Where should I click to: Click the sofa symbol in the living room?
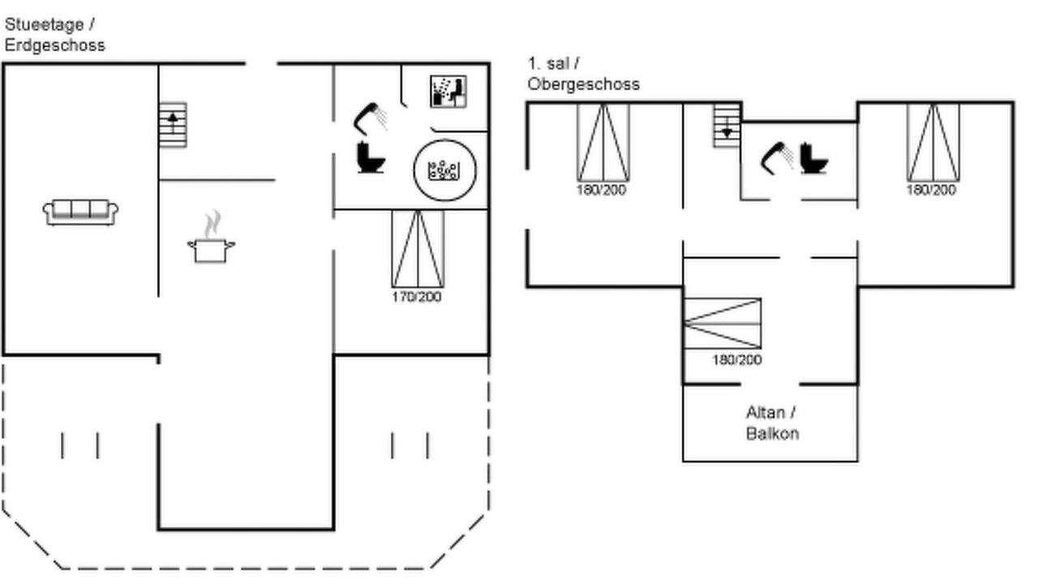point(80,213)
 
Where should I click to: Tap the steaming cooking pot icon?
point(212,238)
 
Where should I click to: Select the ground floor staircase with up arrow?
point(173,125)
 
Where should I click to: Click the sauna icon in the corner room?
point(448,92)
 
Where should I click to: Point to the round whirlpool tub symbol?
point(444,170)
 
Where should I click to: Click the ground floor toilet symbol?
point(371,158)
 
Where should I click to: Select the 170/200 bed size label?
point(417,297)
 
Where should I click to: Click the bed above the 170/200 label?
point(418,249)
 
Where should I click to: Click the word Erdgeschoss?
point(54,45)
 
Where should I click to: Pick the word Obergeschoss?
point(583,84)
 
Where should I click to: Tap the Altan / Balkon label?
point(773,423)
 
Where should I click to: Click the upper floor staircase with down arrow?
point(727,126)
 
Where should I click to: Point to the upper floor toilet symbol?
point(813,158)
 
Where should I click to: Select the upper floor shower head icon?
point(777,158)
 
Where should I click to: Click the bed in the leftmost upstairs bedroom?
point(603,143)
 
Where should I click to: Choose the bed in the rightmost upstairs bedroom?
point(933,143)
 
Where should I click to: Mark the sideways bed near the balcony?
point(723,324)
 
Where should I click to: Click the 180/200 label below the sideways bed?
point(737,359)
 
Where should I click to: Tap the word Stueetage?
point(45,24)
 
